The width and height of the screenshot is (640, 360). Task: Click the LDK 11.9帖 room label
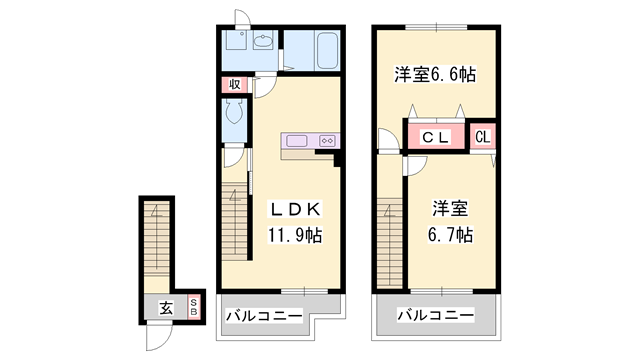292,224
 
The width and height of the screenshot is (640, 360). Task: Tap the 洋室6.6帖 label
433,76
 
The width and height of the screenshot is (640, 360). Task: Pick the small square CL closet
482,136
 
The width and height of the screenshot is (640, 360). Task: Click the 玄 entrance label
164,308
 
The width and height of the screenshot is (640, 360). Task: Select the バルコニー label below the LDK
262,316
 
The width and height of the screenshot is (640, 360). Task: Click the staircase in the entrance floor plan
156,240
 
